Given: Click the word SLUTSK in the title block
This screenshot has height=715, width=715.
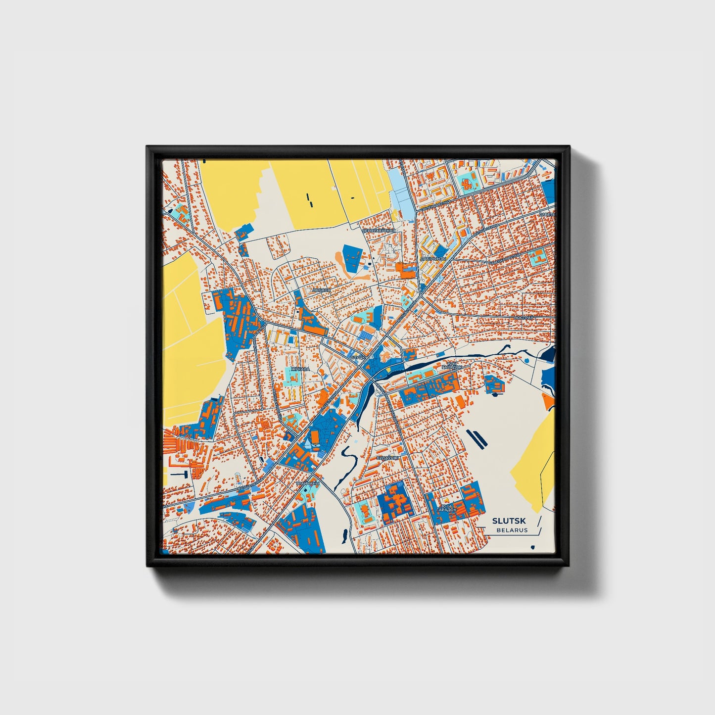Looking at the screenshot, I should pyautogui.click(x=509, y=521).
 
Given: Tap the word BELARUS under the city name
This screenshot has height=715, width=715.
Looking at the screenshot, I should pyautogui.click(x=512, y=530).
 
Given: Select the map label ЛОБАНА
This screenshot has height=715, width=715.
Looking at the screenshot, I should pyautogui.click(x=321, y=290).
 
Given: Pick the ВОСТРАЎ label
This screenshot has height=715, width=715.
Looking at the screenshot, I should pyautogui.click(x=523, y=317).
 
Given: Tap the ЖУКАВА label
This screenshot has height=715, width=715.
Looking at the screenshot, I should pyautogui.click(x=300, y=369).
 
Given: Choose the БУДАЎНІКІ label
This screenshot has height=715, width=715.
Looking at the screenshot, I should pyautogui.click(x=387, y=459).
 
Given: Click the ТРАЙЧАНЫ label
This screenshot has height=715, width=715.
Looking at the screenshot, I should pyautogui.click(x=308, y=483).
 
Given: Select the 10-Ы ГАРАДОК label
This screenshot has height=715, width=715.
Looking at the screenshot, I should pyautogui.click(x=446, y=508).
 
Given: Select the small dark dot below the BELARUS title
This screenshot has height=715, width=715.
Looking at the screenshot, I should pyautogui.click(x=532, y=547).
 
